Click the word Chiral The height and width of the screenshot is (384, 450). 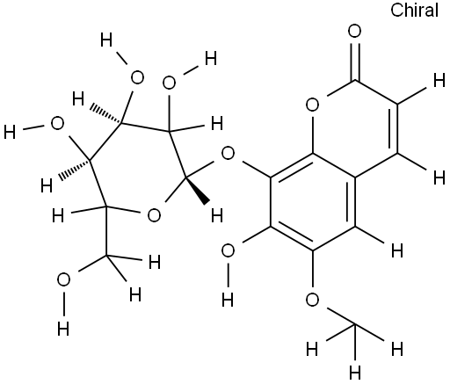[414, 11]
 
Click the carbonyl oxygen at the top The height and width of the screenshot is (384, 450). [355, 31]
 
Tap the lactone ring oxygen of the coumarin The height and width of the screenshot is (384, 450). [312, 105]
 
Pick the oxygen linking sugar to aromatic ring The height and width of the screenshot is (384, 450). [228, 153]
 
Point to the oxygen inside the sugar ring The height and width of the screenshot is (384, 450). [154, 215]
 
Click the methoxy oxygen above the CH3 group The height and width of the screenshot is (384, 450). [312, 300]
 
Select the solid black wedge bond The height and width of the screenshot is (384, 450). [198, 190]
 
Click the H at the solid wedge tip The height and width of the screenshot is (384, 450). [217, 216]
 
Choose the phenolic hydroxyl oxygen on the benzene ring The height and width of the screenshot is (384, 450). [228, 251]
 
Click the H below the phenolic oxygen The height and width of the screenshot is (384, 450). [228, 300]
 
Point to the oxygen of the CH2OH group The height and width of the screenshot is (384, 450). [63, 279]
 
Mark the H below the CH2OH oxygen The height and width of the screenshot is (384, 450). [63, 329]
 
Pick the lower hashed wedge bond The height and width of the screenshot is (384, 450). [75, 169]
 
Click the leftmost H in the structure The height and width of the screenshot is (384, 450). [10, 132]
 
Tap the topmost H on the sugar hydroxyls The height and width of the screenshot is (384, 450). [106, 40]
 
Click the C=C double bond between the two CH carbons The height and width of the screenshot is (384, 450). [394, 128]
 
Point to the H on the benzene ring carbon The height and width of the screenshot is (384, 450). [397, 251]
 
